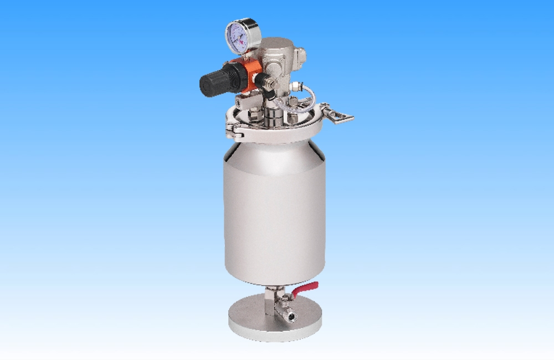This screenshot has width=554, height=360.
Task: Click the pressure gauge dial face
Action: point(242,35)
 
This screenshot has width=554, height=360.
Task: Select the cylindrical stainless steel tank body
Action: point(274,210)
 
